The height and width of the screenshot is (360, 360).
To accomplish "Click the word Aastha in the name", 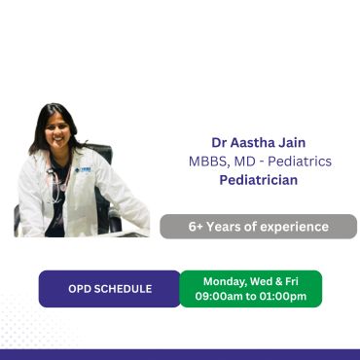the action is point(251,143).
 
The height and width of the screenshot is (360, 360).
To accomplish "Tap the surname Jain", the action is point(291,143).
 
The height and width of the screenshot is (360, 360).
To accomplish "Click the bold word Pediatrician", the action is point(259,180).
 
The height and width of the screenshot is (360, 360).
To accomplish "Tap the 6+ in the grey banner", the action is point(196,227).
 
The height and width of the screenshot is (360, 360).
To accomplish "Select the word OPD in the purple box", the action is point(78,289).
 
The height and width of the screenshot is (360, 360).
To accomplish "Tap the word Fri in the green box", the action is point(292,281).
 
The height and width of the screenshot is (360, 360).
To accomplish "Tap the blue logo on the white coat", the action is point(83,169).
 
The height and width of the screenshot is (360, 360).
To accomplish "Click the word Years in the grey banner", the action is point(222,227).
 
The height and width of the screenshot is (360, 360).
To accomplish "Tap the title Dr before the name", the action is point(219,143).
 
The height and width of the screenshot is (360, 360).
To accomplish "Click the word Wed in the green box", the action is point(261,281).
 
